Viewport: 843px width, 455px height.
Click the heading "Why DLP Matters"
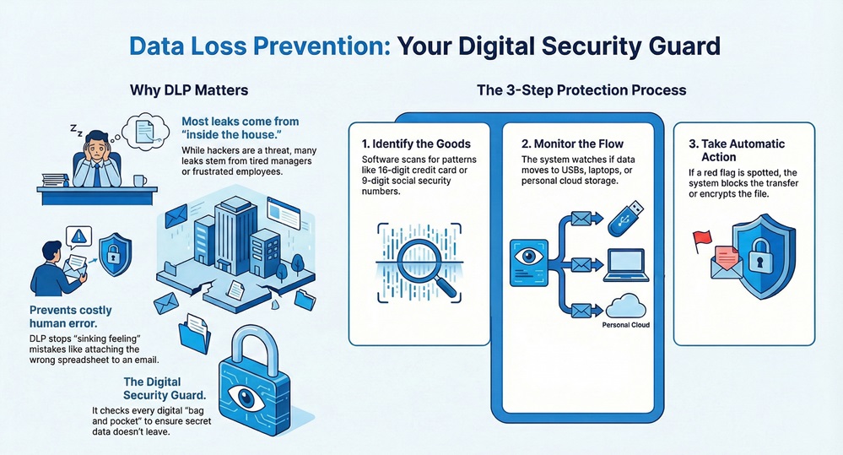[188, 89]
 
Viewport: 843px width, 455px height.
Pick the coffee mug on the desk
[140, 181]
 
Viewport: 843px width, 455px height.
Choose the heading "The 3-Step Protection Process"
[581, 89]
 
